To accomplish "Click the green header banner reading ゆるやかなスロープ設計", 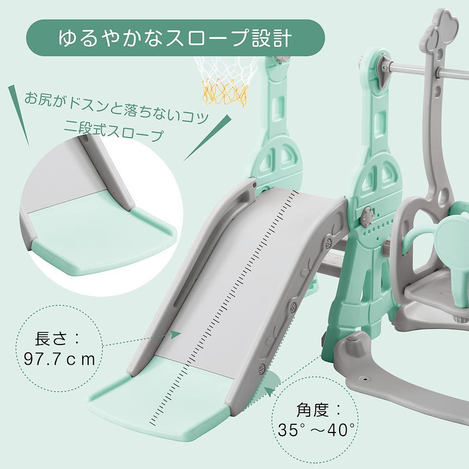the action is pyautogui.click(x=176, y=38).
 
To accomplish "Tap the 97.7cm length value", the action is pyautogui.click(x=59, y=360).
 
